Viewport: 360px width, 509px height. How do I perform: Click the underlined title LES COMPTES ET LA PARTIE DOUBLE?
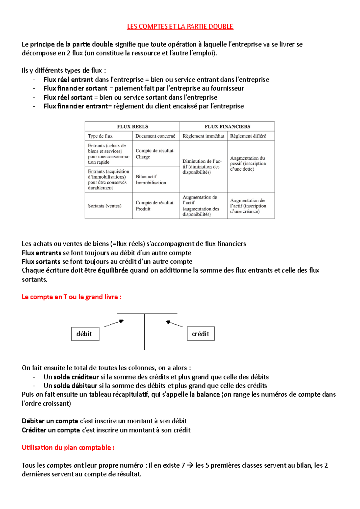coord(180,26)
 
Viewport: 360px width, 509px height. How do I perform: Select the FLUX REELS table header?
coord(132,127)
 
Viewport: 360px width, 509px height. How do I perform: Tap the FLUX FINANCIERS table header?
coord(227,127)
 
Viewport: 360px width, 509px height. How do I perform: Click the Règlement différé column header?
coord(248,136)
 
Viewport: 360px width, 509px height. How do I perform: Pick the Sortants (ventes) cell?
coord(105,206)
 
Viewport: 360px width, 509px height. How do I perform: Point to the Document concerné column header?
coord(155,136)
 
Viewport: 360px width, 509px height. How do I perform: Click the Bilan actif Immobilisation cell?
coord(151,180)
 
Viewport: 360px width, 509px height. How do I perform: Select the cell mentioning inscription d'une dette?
coord(248,163)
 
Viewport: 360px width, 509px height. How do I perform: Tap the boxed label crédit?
coord(201,334)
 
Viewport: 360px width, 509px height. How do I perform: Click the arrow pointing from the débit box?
coord(114,323)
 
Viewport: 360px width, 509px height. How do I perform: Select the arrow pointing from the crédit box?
coord(174,324)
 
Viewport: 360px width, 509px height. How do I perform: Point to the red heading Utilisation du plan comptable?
coord(68,448)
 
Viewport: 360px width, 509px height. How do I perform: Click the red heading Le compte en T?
coord(71,297)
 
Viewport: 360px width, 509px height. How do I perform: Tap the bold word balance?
coord(208,394)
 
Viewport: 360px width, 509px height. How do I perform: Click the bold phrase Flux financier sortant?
coord(75,88)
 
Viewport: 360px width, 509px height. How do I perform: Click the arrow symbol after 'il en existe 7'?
coord(190,466)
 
